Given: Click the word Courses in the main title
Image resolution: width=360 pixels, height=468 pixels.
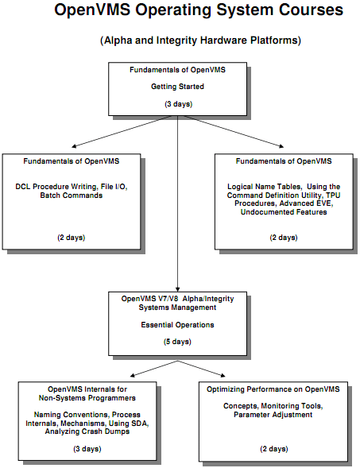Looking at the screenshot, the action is (311, 10).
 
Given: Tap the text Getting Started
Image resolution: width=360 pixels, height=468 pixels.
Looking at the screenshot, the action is (177, 87).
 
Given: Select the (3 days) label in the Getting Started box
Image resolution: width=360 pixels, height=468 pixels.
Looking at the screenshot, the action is (179, 104).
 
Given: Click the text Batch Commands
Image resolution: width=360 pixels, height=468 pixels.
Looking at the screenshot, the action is (72, 195).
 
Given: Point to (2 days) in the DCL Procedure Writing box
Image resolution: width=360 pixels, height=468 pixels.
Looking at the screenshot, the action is (72, 238).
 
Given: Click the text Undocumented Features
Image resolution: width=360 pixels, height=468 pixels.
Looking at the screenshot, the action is (284, 212).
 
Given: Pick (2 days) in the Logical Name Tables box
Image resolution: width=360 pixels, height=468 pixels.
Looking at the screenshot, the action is (284, 238).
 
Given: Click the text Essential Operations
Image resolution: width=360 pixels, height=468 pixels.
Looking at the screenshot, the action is (177, 325).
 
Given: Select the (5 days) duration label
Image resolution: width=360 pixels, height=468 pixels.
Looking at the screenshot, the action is (177, 342).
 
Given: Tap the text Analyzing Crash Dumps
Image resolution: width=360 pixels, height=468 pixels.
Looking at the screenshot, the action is (87, 431).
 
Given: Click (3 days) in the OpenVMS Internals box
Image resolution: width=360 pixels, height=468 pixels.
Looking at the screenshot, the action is (87, 449).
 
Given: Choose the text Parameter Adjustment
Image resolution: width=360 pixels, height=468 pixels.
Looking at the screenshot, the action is (273, 415).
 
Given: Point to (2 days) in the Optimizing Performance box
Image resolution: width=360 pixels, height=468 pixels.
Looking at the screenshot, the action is (273, 449).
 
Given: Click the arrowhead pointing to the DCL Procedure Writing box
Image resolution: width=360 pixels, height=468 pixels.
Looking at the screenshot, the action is (74, 146).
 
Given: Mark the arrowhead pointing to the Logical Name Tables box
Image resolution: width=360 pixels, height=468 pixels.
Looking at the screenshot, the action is (281, 146).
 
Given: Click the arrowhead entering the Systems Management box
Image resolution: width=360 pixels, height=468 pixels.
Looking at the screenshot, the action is (177, 289).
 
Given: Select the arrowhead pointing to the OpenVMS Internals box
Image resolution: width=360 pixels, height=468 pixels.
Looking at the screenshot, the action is (133, 375).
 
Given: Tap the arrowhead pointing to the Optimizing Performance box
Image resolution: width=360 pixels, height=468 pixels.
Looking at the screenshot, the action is (223, 375).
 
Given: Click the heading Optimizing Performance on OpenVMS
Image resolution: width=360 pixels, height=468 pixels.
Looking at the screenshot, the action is (273, 389).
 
